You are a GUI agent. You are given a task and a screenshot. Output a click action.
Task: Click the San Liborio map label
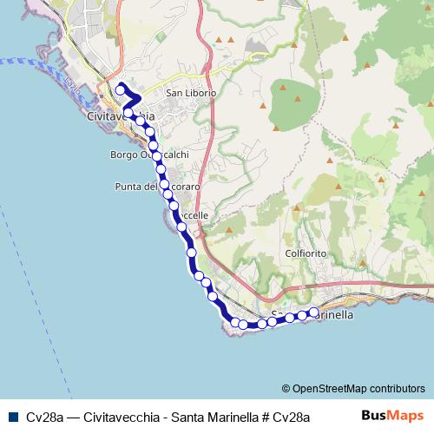pos(190,92)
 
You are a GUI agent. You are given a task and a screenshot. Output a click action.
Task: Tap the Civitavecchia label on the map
pos(122,115)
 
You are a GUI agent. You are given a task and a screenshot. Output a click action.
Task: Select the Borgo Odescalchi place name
pos(150,155)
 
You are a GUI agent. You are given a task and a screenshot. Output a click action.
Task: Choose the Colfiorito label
pos(304,253)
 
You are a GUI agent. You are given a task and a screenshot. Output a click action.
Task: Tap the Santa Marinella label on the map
pos(312,316)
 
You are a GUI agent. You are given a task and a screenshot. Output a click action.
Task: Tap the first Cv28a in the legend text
pos(43,417)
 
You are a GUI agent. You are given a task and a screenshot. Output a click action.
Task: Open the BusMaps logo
pos(391,416)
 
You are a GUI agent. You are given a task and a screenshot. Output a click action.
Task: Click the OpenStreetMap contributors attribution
pos(353,389)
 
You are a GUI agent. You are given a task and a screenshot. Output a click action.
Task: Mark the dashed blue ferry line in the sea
pos(26,62)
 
